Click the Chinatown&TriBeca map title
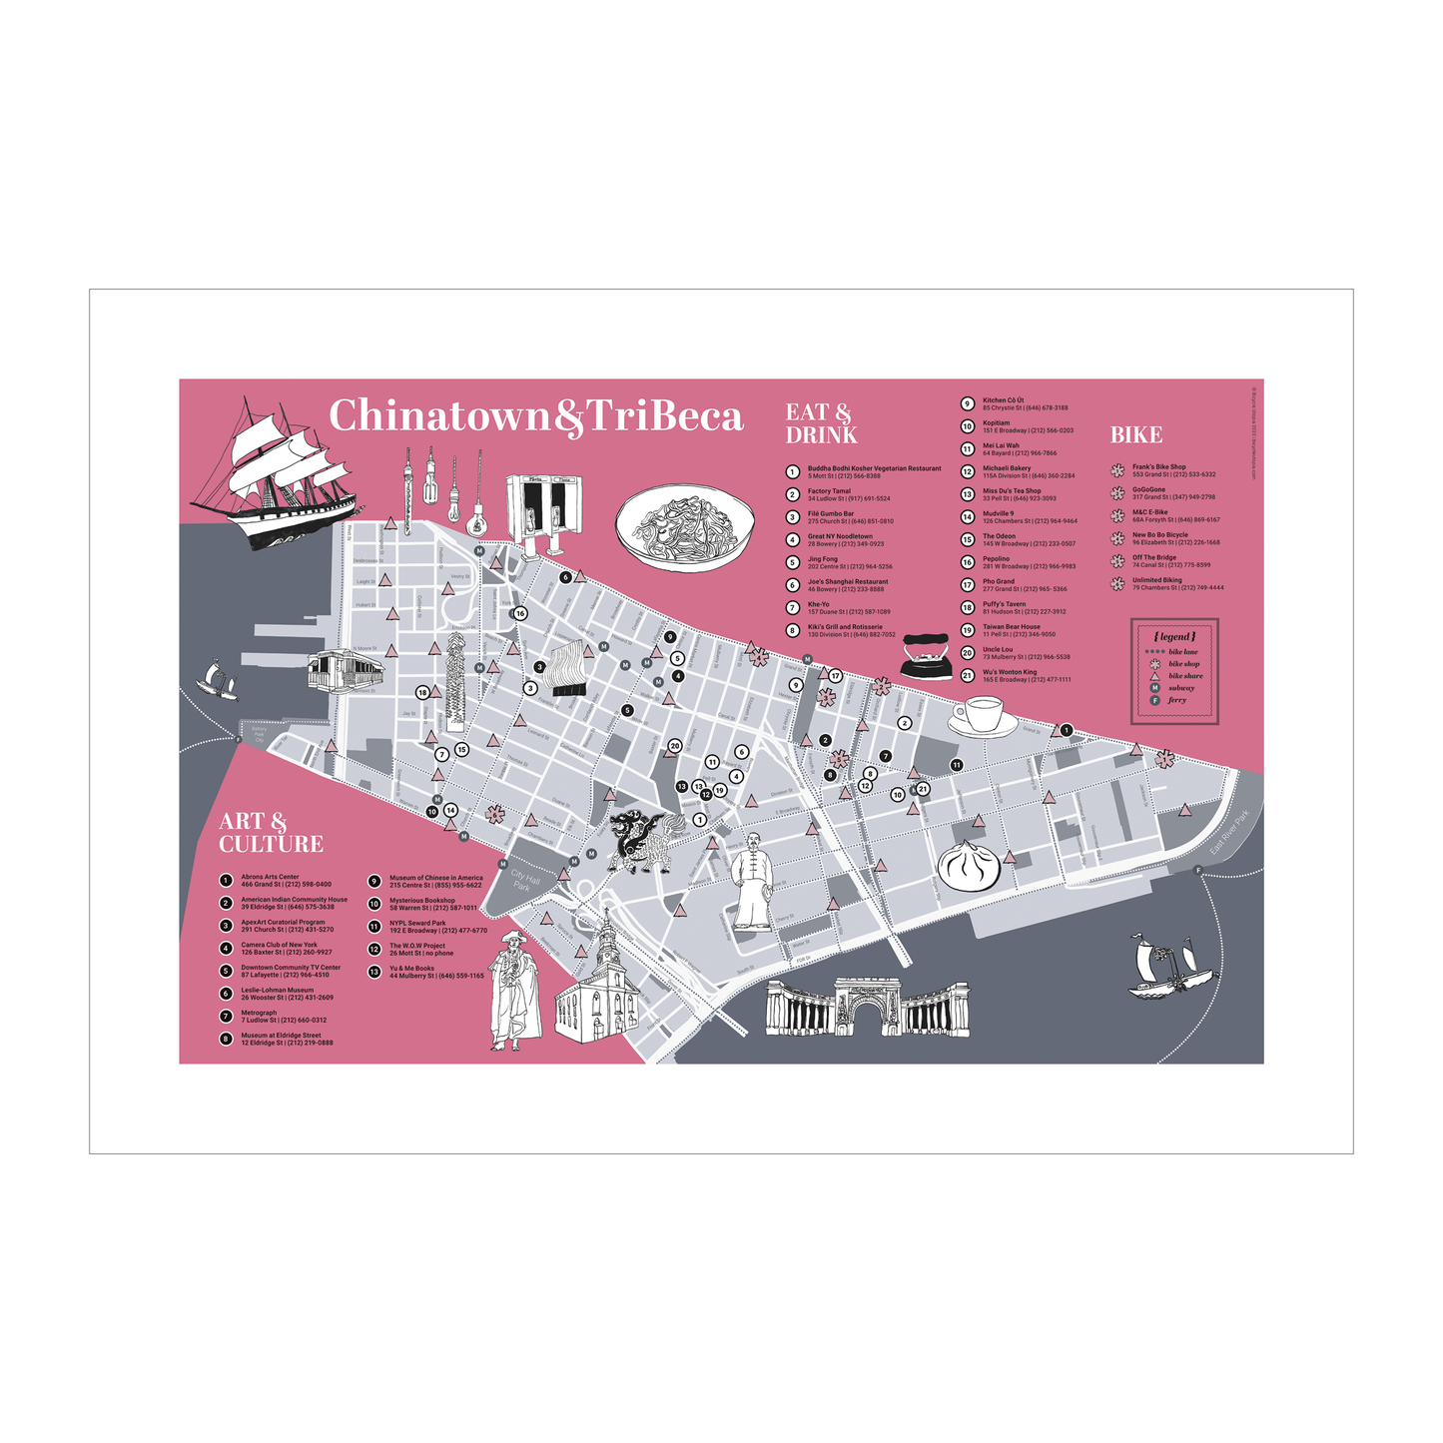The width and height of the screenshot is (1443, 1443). pos(536,416)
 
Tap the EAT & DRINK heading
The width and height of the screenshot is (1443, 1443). pos(820,423)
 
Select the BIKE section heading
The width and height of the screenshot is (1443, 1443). pos(1136,434)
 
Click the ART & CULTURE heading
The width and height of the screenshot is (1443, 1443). pos(271,833)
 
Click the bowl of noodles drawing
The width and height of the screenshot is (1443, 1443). pos(684,526)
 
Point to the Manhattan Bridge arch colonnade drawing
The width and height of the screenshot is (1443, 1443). pos(867,1008)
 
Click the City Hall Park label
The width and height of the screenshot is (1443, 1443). pos(524,880)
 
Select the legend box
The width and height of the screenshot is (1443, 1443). pos(1174,670)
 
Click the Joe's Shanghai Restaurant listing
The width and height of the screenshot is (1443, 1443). pos(847,585)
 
